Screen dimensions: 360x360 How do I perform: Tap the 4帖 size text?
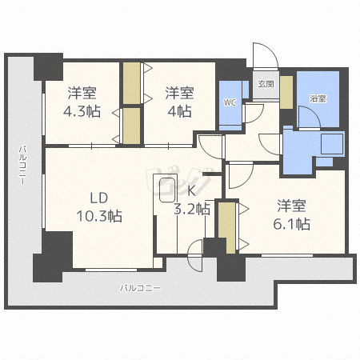[180, 111]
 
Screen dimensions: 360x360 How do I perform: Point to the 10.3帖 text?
[99, 215]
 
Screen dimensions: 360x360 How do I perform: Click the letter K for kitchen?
[191, 191]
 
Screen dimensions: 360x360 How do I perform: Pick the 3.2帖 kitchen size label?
[193, 209]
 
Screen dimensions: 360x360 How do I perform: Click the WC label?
[229, 102]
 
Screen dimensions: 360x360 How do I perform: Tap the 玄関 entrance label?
[266, 83]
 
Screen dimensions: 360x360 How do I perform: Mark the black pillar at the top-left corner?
[47, 65]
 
